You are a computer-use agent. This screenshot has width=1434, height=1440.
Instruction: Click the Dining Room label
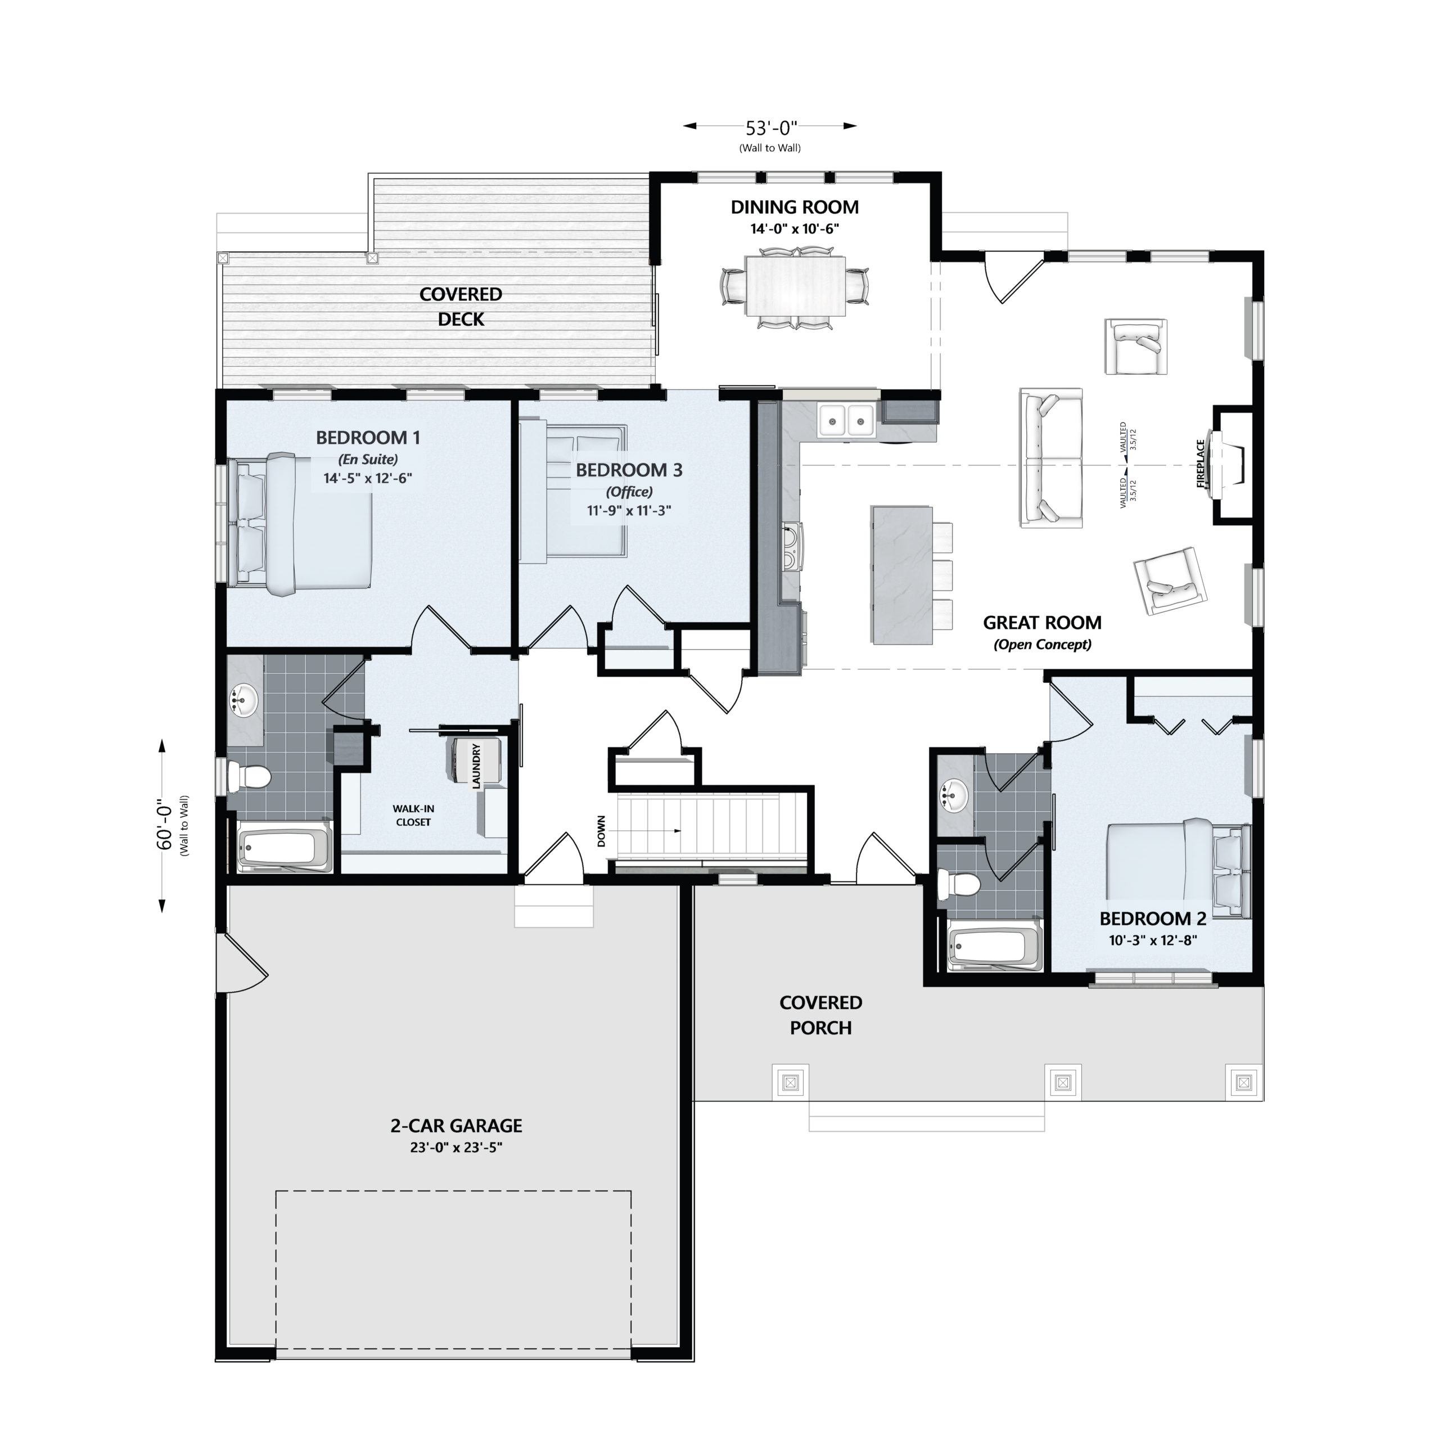tap(795, 207)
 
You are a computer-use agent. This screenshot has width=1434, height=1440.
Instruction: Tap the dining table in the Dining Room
tap(795, 286)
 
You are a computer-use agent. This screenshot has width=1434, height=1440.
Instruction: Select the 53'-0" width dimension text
tap(772, 128)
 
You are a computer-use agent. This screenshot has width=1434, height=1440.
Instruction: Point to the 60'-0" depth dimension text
tap(165, 826)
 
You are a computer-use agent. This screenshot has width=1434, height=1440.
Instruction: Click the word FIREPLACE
tap(1201, 463)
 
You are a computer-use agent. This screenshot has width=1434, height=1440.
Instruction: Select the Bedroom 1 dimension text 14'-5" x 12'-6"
tap(367, 479)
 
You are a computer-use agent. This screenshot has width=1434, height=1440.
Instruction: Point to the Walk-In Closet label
tap(414, 816)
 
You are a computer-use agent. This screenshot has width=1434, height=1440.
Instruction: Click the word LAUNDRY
tap(476, 766)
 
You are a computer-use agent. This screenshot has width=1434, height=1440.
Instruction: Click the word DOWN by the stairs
tap(602, 831)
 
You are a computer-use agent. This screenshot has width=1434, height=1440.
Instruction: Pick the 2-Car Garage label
tap(456, 1126)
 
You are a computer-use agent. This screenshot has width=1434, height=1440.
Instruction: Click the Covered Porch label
tap(820, 1015)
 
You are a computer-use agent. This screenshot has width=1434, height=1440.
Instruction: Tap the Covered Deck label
tap(461, 307)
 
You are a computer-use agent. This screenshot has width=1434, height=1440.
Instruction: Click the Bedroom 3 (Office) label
tap(629, 480)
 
